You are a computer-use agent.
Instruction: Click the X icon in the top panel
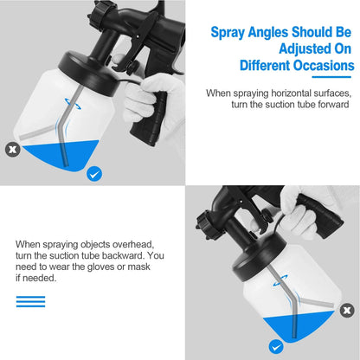(12, 149)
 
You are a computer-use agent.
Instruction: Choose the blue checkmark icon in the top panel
(95, 174)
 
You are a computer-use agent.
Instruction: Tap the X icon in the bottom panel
(347, 308)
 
